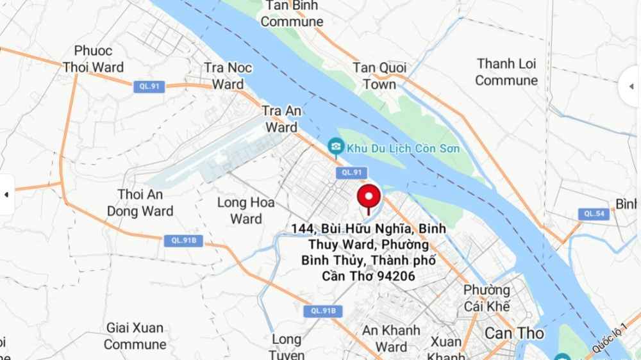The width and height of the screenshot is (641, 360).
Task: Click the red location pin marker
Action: (369, 197)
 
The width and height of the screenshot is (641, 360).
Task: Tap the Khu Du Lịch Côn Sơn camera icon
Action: (335, 148)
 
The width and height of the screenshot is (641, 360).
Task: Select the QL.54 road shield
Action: (593, 214)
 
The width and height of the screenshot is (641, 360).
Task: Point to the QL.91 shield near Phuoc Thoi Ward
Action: (149, 86)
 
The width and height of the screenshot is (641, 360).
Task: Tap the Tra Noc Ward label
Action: (228, 76)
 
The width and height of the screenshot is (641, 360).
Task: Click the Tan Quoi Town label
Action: (379, 76)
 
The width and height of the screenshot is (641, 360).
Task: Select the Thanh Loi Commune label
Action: (506, 72)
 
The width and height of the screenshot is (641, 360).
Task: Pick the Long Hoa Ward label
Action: (246, 211)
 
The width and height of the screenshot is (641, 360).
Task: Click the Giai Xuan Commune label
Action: (135, 336)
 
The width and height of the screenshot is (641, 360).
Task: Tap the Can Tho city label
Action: (514, 334)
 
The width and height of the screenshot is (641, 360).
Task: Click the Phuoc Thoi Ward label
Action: (94, 59)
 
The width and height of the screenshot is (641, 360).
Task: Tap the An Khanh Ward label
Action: (392, 339)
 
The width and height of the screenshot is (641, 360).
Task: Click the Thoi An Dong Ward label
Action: (140, 202)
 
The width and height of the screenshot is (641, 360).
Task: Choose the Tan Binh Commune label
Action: (292, 13)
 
